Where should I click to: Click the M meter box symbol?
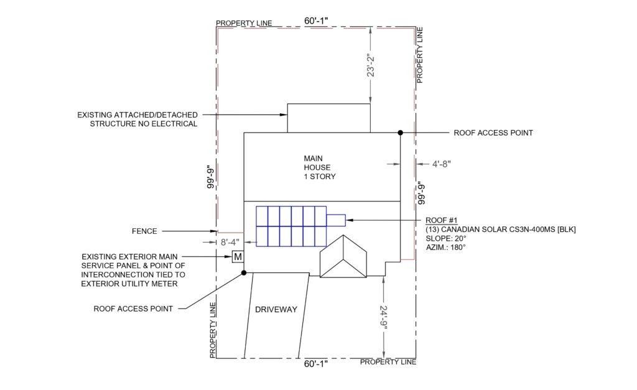coord(238,257)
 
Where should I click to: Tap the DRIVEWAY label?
coord(276,310)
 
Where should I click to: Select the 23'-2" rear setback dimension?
coord(371,65)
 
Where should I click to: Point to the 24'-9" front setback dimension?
coord(383,315)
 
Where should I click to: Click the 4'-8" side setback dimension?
coord(441,164)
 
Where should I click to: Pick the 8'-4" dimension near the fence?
coord(230,243)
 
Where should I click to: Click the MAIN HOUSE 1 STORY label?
coord(320,167)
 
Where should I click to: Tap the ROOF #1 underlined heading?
coord(442,221)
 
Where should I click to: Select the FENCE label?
coord(144,231)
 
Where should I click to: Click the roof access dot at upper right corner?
coord(400,133)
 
